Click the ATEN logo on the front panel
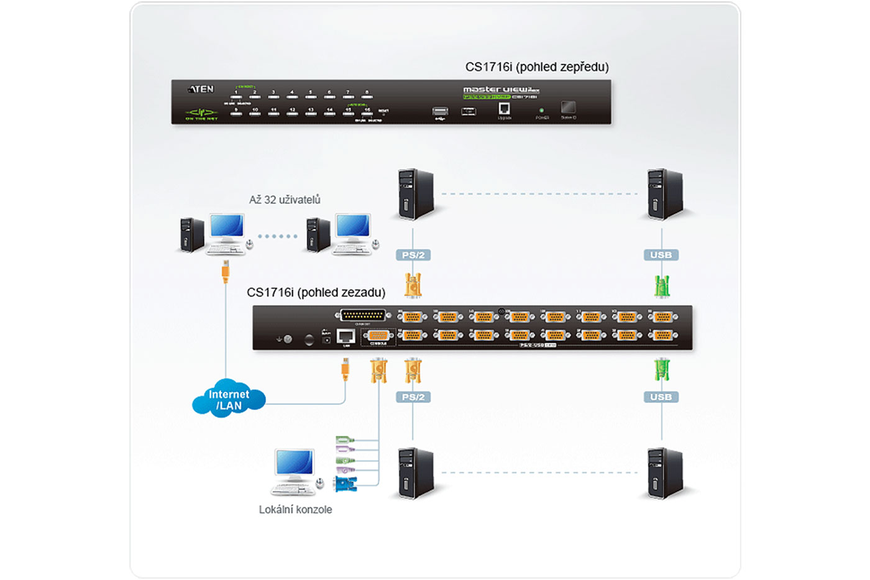tap(201, 90)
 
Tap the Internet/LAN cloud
tap(229, 399)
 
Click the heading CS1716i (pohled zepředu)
tap(537, 67)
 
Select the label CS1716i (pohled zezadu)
tap(316, 292)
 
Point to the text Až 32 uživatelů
tap(285, 200)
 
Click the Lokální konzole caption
tap(295, 509)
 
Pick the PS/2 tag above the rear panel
tap(413, 255)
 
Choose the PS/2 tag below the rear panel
tap(413, 397)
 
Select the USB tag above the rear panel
tap(661, 255)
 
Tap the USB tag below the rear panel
tap(661, 397)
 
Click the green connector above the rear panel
tap(662, 286)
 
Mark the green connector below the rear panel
tap(662, 370)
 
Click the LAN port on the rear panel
tap(346, 336)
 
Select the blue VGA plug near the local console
tap(346, 484)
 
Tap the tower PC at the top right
tap(664, 194)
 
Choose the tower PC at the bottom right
tap(664, 472)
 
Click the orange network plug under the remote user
tap(226, 271)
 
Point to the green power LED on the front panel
tap(541, 110)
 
